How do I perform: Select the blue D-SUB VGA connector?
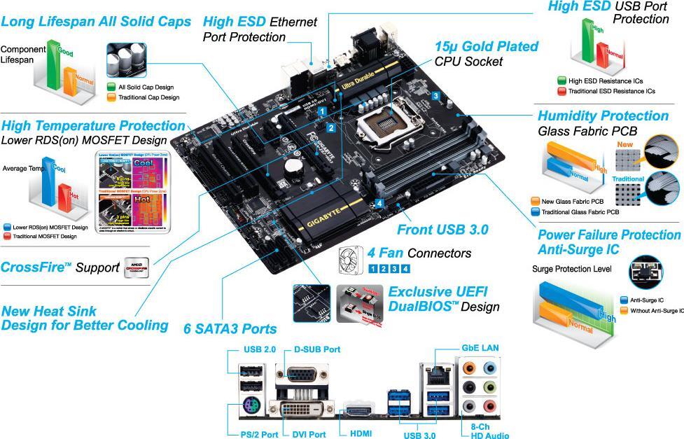click(x=300, y=375)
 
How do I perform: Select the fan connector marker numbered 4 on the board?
click(x=379, y=203)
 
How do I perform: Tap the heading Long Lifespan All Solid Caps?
click(x=96, y=22)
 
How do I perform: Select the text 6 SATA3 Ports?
click(x=230, y=328)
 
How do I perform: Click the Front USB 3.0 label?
click(x=442, y=229)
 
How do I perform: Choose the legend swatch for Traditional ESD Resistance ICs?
click(x=561, y=91)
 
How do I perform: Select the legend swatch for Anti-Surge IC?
click(x=624, y=300)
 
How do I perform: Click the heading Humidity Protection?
click(x=606, y=116)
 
